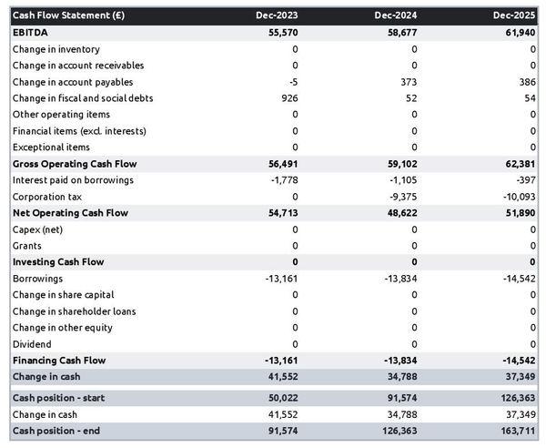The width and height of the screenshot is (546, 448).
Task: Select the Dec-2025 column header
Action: click(x=516, y=15)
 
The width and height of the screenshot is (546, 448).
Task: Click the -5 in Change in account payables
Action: click(x=292, y=81)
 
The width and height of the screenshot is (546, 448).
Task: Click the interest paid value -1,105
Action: click(x=400, y=180)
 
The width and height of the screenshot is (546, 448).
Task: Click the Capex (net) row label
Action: click(x=39, y=229)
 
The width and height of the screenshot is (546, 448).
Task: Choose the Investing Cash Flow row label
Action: click(x=58, y=262)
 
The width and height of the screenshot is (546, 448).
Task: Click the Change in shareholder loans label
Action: click(x=75, y=311)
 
